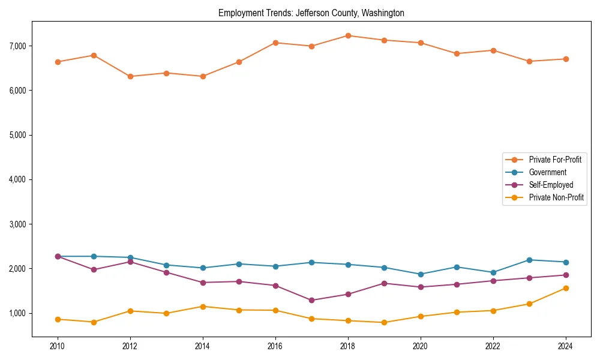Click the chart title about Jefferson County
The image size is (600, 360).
[x=311, y=13]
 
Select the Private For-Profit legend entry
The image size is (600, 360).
[x=554, y=160]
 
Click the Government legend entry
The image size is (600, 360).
[x=547, y=172]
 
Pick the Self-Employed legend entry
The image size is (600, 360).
[x=551, y=185]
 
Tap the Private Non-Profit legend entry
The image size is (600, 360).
[x=556, y=197]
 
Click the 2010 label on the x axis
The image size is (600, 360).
[x=58, y=346]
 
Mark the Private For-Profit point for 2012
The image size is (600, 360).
[x=130, y=76]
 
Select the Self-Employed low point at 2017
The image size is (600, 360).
[x=311, y=300]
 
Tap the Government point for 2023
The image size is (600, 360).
[x=529, y=260]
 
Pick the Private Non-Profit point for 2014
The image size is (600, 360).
[x=203, y=307]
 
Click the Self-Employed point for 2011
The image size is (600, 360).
[x=94, y=269]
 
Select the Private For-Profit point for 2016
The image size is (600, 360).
[x=275, y=43]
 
